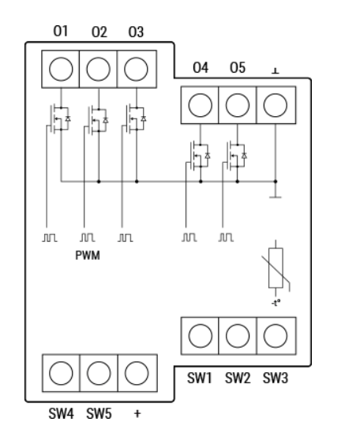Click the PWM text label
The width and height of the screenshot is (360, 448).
(88, 255)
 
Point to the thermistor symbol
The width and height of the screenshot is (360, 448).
(276, 268)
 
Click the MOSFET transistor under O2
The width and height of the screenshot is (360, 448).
(97, 120)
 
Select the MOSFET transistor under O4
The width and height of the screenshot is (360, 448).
(199, 156)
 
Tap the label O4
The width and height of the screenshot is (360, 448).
(201, 68)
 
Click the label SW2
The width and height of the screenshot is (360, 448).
(238, 378)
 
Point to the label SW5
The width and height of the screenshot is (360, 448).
(99, 414)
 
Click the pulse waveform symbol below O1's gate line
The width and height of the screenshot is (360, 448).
(50, 238)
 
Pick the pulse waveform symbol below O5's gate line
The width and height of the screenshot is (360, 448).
(226, 238)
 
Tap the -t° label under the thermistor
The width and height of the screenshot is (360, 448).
(276, 303)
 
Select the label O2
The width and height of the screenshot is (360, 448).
(99, 32)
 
